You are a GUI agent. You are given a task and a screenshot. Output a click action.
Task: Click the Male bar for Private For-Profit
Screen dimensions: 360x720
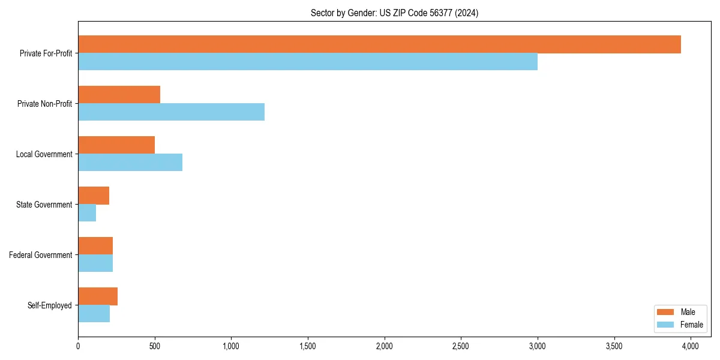pos(379,44)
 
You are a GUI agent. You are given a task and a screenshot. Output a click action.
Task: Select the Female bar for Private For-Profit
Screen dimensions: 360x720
pos(308,62)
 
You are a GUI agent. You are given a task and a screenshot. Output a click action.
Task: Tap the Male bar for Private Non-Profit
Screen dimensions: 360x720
pos(119,95)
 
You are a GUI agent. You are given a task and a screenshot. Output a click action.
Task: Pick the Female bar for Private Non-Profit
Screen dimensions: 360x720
pos(171,112)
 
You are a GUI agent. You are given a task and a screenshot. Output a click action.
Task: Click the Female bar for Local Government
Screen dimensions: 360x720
pos(130,163)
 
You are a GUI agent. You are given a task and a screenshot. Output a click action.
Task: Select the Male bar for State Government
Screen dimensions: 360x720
pos(94,196)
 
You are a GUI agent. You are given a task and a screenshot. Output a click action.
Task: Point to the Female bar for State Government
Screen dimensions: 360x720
pos(87,213)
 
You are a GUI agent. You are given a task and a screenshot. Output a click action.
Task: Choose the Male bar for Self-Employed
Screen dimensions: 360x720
pos(98,296)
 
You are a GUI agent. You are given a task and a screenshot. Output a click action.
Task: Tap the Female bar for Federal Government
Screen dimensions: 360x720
pos(95,263)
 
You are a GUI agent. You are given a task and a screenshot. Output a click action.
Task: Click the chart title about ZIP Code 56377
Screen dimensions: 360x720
pos(394,13)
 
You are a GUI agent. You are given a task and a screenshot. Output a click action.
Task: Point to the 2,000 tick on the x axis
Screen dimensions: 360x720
pos(384,346)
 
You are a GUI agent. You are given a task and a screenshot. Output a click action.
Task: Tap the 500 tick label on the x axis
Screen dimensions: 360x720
pos(155,346)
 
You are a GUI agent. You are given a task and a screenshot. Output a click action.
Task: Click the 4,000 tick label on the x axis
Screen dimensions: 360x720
pos(691,346)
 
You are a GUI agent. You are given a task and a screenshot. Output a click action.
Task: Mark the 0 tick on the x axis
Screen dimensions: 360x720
pos(78,346)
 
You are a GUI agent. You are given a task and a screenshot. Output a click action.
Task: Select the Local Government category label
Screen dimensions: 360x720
pos(44,154)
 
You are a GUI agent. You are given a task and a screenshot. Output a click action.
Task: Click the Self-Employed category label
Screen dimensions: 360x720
pos(49,305)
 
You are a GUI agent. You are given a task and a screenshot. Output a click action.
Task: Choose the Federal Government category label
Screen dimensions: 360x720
pos(41,255)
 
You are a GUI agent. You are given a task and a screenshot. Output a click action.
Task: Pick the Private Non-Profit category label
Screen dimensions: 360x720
pos(44,104)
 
